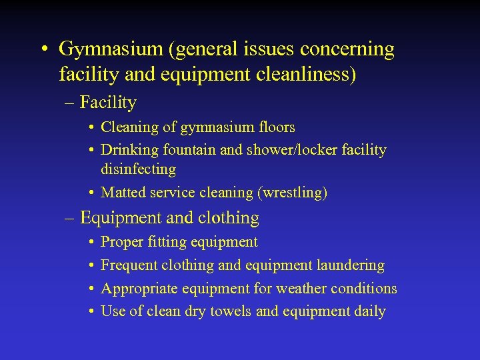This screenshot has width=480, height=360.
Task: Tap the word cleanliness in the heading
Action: click(x=303, y=75)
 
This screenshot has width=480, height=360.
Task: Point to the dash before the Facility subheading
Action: click(x=70, y=103)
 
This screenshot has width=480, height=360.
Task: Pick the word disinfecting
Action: click(x=138, y=169)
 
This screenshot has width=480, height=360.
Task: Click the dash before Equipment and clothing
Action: click(x=70, y=218)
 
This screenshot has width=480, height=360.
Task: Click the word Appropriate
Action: click(x=139, y=289)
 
